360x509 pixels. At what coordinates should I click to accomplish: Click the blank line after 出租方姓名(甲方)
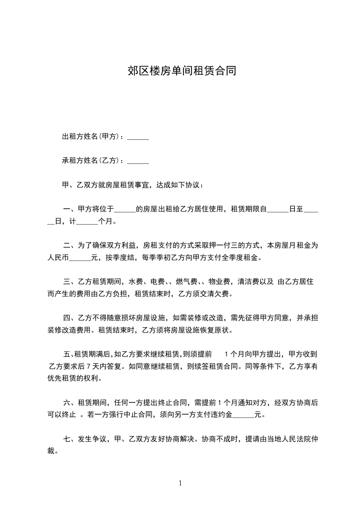(x=138, y=137)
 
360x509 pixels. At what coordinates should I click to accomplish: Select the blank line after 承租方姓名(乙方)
(x=138, y=161)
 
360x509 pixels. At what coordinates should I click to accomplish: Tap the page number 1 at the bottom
(x=180, y=483)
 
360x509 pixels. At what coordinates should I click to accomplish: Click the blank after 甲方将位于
(x=125, y=210)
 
